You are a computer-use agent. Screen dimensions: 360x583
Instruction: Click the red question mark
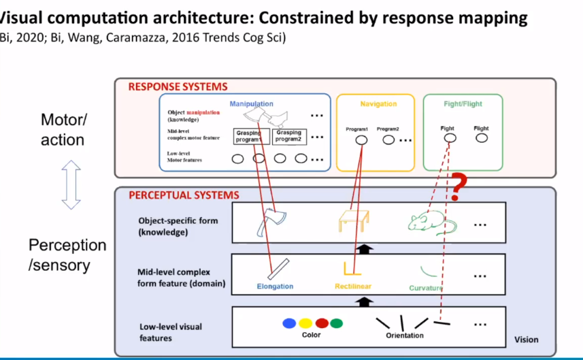(460, 187)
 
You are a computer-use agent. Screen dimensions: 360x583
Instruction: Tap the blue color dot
(290, 324)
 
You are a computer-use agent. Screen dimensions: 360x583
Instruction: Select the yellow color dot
(305, 324)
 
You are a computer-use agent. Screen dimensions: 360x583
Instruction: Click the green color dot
(337, 324)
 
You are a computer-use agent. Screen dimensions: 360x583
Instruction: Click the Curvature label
(427, 288)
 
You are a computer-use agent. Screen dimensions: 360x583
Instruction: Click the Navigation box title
(378, 104)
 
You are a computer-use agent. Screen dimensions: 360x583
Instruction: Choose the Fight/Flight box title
(463, 104)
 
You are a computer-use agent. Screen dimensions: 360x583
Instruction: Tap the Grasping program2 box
(289, 136)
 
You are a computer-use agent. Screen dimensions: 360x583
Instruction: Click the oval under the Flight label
(482, 138)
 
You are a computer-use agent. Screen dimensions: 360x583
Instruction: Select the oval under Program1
(362, 140)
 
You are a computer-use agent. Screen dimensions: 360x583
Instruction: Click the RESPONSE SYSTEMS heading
(178, 87)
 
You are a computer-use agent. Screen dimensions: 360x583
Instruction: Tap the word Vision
(526, 340)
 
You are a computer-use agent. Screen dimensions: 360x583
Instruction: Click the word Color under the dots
(311, 336)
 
